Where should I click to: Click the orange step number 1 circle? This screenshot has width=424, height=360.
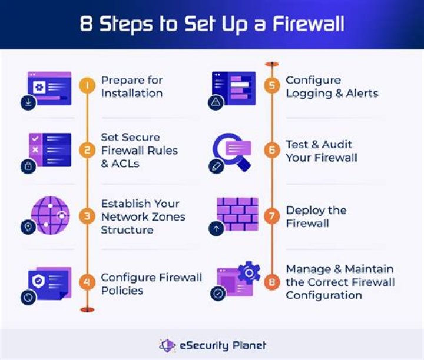pyautogui.click(x=87, y=86)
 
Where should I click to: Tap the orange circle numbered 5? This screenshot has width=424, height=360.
pyautogui.click(x=271, y=86)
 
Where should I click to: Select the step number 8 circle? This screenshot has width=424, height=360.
pyautogui.click(x=271, y=282)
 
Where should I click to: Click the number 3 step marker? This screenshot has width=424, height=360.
pyautogui.click(x=87, y=216)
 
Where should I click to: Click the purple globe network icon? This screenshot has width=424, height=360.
pyautogui.click(x=50, y=215)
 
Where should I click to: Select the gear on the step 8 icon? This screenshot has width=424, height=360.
pyautogui.click(x=249, y=274)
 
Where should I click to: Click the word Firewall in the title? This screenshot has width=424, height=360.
pyautogui.click(x=304, y=25)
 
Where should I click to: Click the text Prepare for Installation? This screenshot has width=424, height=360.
pyautogui.click(x=132, y=86)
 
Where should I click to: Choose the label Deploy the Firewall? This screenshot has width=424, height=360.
pyautogui.click(x=316, y=216)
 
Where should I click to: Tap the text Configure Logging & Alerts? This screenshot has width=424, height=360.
pyautogui.click(x=332, y=86)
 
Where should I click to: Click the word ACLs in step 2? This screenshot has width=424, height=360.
pyautogui.click(x=125, y=164)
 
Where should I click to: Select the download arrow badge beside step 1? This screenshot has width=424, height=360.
pyautogui.click(x=28, y=103)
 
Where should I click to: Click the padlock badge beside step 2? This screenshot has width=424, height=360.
pyautogui.click(x=28, y=166)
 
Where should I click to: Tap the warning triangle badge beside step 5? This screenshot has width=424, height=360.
pyautogui.click(x=216, y=103)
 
